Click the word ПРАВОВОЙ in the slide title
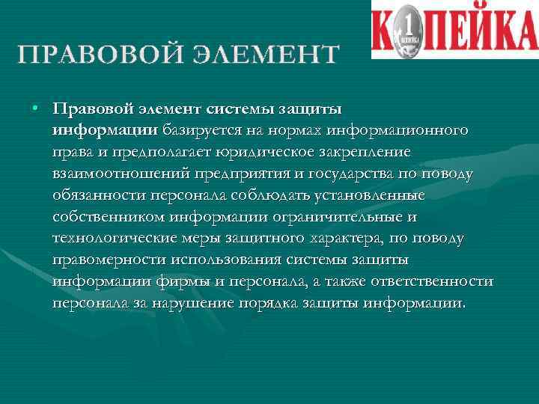pyautogui.click(x=97, y=53)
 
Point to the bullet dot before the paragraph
pyautogui.click(x=35, y=108)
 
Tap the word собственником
pyautogui.click(x=106, y=218)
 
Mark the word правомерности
pyautogui.click(x=107, y=261)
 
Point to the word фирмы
pyautogui.click(x=185, y=282)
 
